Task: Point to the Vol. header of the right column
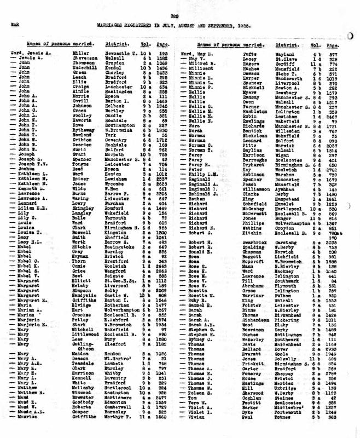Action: coord(315,42)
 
